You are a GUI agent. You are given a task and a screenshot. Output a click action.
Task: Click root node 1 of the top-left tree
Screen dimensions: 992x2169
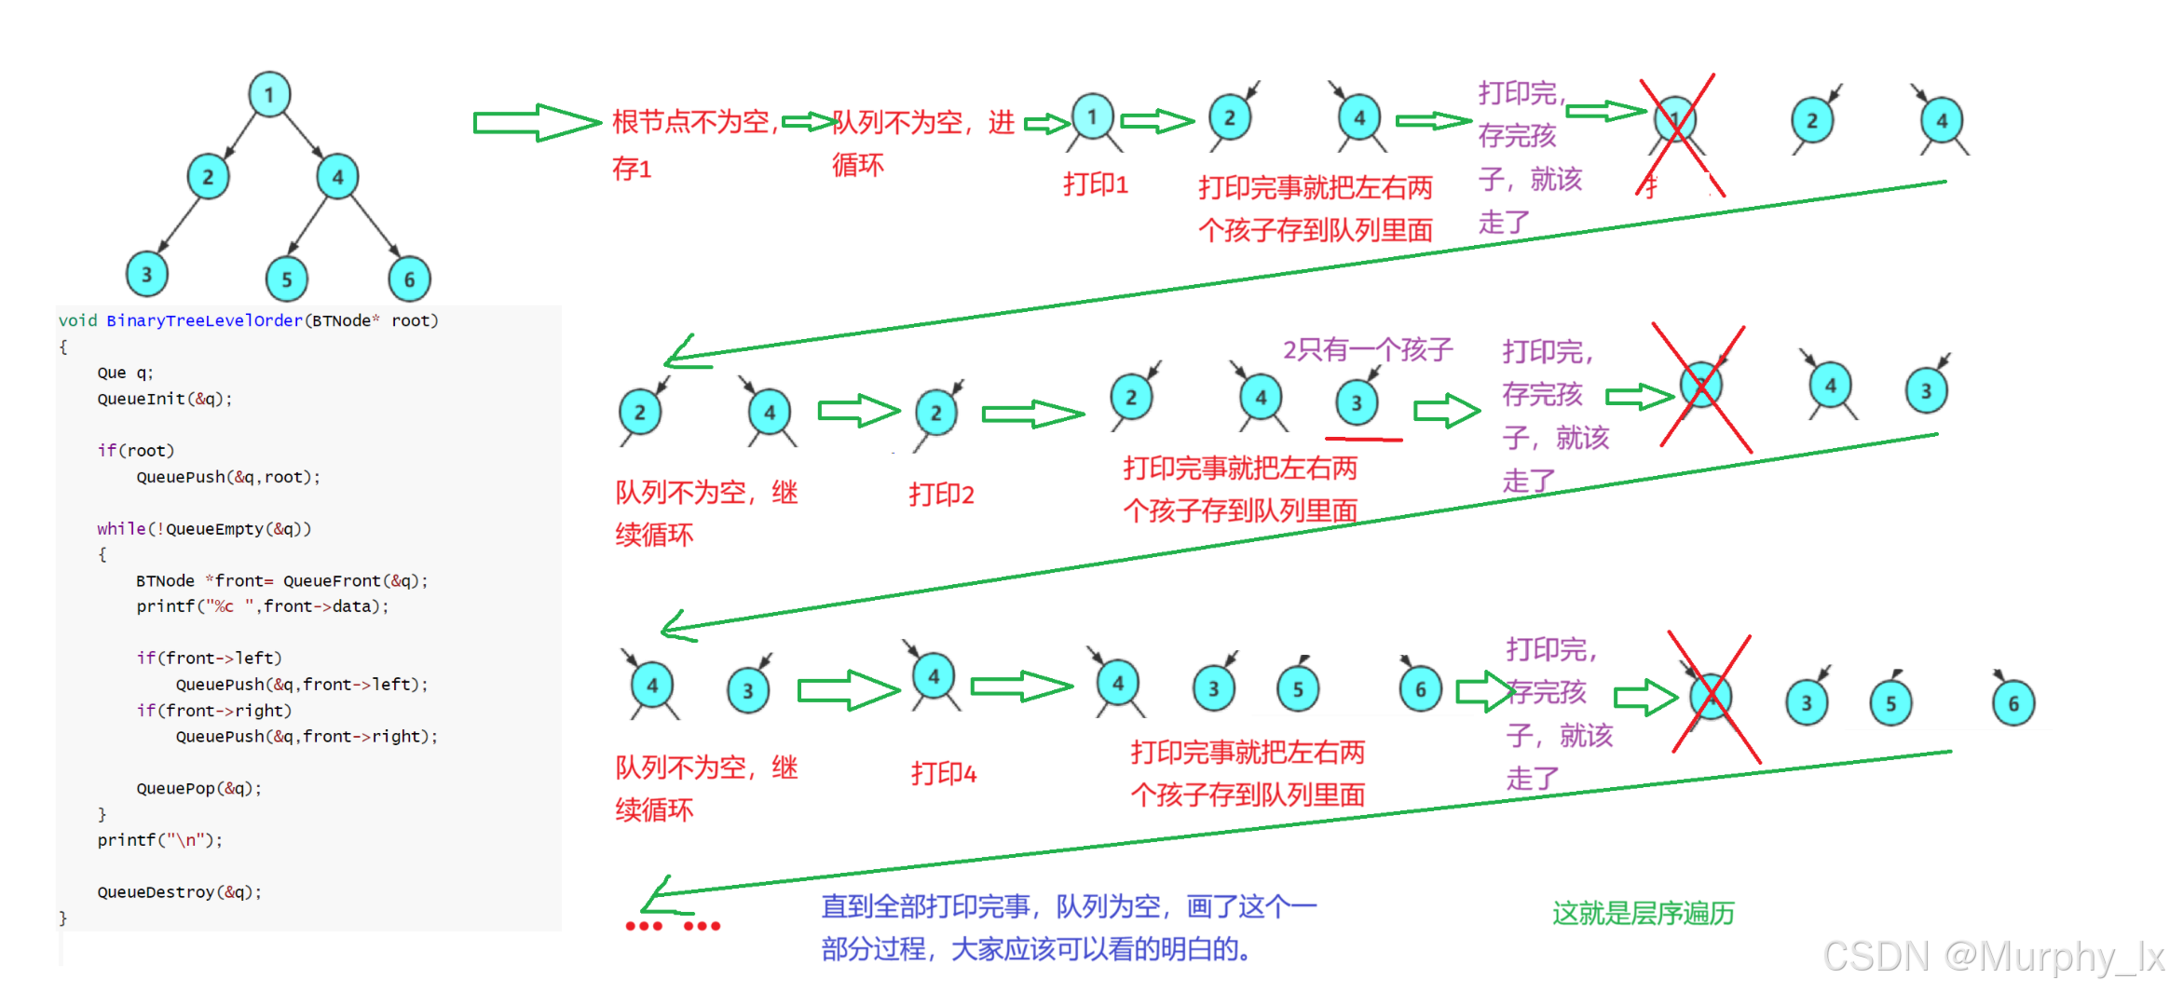tap(269, 94)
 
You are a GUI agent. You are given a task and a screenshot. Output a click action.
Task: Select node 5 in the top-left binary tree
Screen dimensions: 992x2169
tap(287, 279)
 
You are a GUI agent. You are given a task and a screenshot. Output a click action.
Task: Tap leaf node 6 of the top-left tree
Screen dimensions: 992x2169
tap(409, 279)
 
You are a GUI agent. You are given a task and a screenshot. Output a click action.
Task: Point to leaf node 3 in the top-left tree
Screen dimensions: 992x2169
tap(146, 275)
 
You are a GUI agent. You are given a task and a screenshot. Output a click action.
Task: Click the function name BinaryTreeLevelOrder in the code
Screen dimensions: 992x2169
tap(204, 320)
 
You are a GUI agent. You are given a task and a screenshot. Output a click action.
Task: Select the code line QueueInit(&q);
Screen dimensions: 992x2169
tap(164, 399)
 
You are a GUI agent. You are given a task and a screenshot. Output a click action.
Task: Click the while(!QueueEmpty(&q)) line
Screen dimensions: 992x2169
tap(203, 528)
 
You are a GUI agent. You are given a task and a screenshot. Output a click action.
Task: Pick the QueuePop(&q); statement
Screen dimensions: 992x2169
tap(198, 788)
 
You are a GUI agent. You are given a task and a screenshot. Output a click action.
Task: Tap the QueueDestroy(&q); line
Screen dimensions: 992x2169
tap(179, 891)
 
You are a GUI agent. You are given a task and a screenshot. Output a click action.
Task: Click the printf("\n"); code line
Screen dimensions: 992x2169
tap(159, 839)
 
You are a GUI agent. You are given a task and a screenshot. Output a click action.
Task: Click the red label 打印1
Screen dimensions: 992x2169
tap(1095, 184)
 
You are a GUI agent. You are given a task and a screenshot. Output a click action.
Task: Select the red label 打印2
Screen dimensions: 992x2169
tap(941, 494)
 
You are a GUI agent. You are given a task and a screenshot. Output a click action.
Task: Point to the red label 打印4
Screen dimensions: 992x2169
tap(943, 773)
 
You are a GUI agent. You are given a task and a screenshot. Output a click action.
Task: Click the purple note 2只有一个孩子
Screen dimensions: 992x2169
tap(1367, 349)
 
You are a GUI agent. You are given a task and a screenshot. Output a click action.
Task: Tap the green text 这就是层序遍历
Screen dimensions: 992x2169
tap(1643, 913)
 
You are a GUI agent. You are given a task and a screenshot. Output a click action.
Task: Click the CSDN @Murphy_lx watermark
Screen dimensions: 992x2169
tap(1993, 957)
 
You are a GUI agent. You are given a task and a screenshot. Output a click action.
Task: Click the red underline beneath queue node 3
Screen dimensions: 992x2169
tap(1363, 438)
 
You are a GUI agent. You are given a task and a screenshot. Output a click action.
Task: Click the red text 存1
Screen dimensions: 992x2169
tap(631, 169)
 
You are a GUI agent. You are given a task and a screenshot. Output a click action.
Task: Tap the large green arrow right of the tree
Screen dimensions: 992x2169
tap(536, 122)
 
